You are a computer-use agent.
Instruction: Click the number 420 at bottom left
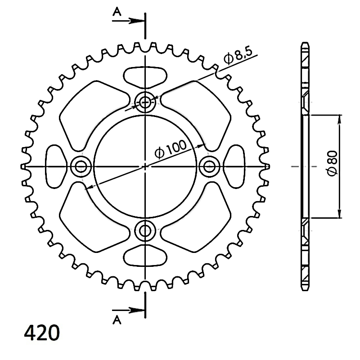(42, 333)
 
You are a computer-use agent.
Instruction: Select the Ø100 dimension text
(171, 150)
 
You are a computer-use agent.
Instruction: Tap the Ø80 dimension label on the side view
(333, 163)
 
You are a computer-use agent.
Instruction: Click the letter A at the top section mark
(117, 12)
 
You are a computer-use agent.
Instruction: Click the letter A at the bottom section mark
(117, 319)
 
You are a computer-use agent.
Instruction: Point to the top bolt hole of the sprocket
(145, 102)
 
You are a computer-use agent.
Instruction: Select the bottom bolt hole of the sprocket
(145, 230)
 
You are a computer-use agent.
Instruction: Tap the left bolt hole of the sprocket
(81, 166)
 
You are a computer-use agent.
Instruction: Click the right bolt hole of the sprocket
(209, 166)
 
